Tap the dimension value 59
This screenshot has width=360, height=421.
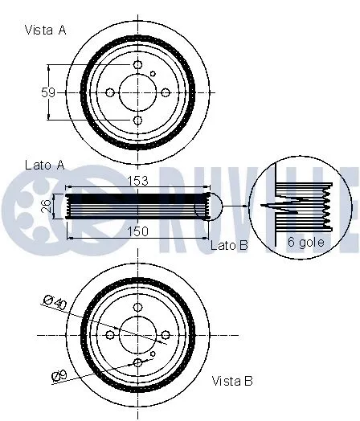point(48,92)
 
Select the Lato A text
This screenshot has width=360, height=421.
point(44,165)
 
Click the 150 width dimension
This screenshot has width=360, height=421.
point(138,231)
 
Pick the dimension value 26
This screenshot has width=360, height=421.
point(47,206)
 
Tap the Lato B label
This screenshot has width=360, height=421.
point(229,243)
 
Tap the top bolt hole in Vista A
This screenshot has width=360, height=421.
point(137,65)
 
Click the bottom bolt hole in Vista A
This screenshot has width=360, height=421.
point(137,121)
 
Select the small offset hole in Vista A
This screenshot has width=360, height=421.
point(153,74)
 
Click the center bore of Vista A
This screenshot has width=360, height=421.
point(137,92)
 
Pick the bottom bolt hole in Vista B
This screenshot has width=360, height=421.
point(137,362)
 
